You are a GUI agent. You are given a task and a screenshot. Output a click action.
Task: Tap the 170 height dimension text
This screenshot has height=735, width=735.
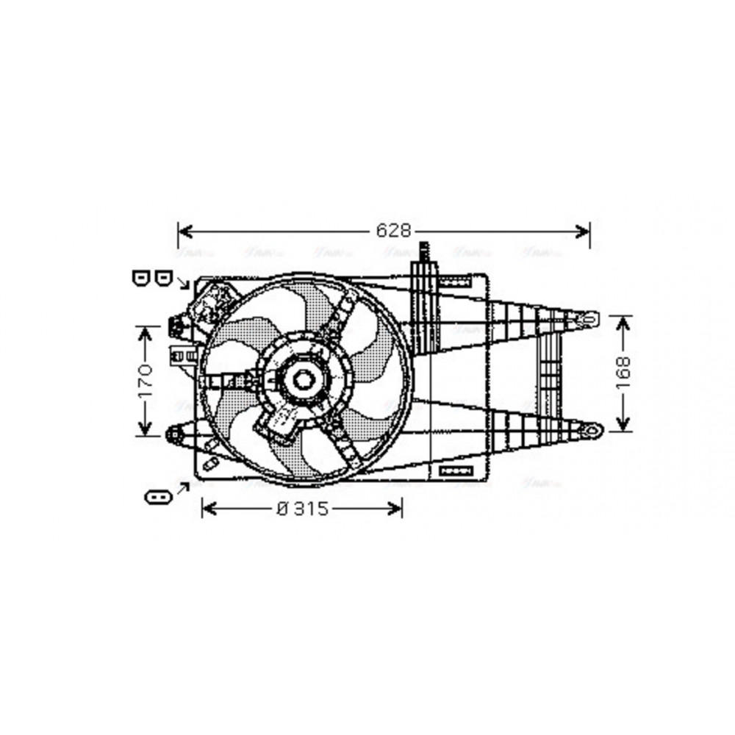144,380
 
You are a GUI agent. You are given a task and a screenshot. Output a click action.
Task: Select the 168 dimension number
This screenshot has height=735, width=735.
623,373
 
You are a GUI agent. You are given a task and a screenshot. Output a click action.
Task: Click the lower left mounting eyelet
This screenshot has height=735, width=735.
174,434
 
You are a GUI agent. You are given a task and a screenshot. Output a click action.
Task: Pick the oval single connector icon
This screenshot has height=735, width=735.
158,498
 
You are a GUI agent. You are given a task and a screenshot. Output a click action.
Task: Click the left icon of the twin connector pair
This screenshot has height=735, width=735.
141,277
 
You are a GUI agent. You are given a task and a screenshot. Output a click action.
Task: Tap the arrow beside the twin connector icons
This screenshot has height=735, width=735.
183,283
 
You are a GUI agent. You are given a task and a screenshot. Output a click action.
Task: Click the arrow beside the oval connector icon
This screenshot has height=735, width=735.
182,487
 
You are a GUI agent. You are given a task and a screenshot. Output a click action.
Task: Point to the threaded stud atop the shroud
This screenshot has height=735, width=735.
423,253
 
